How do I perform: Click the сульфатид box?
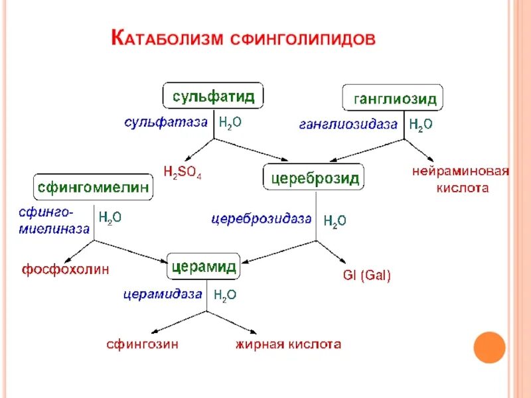coord(213,96)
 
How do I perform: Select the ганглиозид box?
coord(392,98)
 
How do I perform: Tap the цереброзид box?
coord(314,177)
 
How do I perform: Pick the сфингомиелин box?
coord(93,187)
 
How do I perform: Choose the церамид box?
coord(204,266)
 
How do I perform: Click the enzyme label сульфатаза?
coord(166,122)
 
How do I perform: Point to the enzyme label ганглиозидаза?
coord(348,123)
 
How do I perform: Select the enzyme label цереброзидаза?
coord(262,218)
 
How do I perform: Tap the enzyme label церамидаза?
coord(162,295)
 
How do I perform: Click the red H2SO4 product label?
coord(183,172)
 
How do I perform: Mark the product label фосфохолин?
coord(65,269)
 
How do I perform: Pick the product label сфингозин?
coord(142,344)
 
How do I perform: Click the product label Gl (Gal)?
coord(366,275)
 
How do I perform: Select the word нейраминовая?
coord(460,172)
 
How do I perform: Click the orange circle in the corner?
coord(490,347)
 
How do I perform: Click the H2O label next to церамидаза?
coord(224,296)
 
